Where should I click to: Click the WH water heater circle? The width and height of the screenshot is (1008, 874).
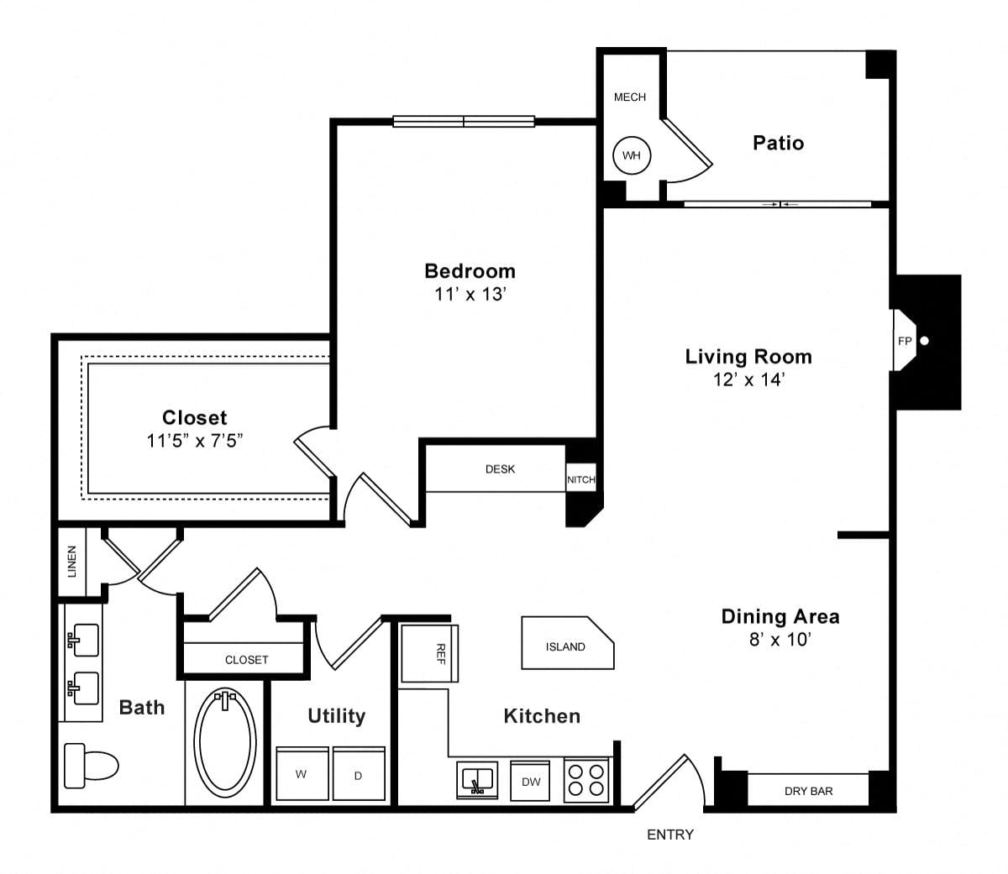click(x=631, y=155)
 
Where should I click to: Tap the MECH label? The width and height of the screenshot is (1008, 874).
click(x=630, y=97)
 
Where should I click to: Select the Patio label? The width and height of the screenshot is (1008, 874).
click(x=778, y=143)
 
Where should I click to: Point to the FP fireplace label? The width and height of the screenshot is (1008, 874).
click(x=905, y=341)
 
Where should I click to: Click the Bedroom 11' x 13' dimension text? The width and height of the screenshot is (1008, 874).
click(x=470, y=294)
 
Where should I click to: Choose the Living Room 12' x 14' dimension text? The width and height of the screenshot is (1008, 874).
click(x=748, y=379)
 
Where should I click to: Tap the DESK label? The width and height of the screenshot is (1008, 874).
click(x=500, y=469)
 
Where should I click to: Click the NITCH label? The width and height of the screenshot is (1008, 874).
click(x=580, y=479)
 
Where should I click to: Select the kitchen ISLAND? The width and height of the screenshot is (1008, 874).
click(x=568, y=642)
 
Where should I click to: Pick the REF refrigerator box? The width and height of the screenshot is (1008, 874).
click(x=429, y=653)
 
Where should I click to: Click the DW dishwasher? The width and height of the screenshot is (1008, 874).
click(x=530, y=781)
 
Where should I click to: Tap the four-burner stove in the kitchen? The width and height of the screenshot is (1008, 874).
click(x=586, y=780)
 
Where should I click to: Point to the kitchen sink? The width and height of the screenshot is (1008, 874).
click(x=477, y=780)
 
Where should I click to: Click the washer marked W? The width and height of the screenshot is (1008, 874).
click(x=302, y=773)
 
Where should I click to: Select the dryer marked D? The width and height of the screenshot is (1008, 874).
click(x=359, y=773)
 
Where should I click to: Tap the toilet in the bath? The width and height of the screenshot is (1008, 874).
click(x=92, y=765)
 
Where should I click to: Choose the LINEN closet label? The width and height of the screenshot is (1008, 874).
click(x=72, y=562)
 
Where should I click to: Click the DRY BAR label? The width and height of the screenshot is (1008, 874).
click(x=808, y=791)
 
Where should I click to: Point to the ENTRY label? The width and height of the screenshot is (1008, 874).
click(x=670, y=835)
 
